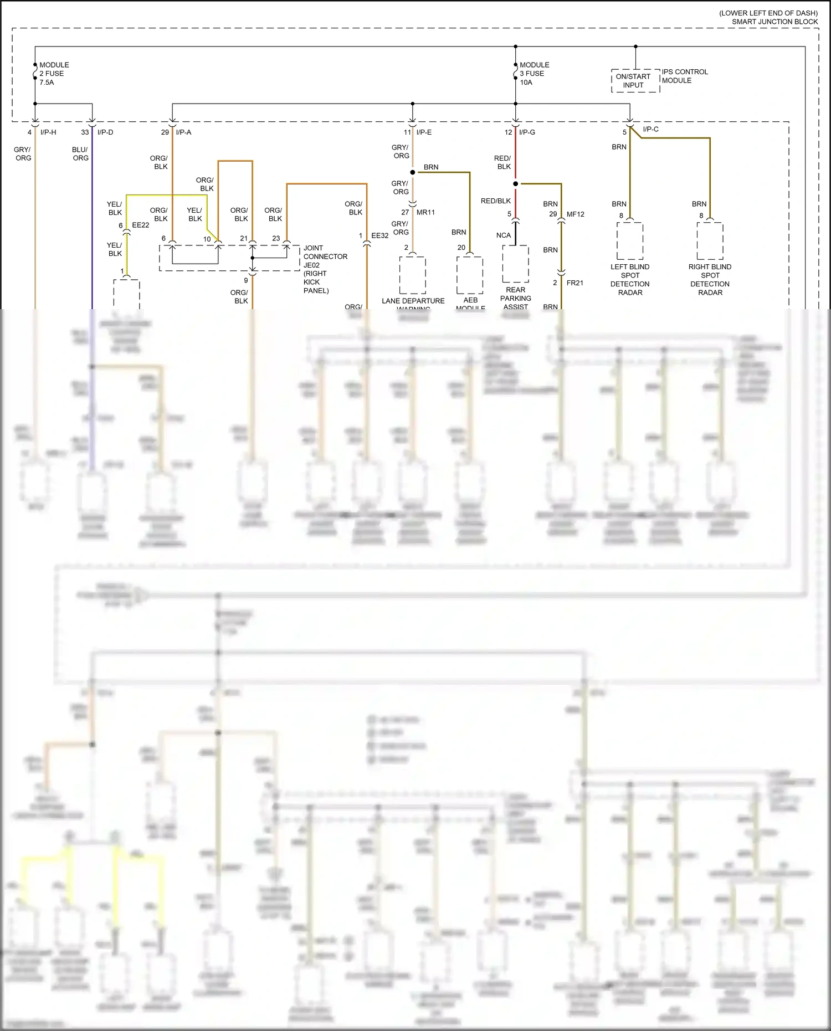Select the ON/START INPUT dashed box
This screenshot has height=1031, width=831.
pyautogui.click(x=635, y=81)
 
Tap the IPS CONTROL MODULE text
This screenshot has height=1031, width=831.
pyautogui.click(x=685, y=76)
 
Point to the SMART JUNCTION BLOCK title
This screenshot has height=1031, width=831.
pyautogui.click(x=774, y=22)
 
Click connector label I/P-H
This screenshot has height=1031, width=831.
pyautogui.click(x=48, y=132)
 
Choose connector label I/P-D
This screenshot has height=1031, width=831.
pyautogui.click(x=105, y=132)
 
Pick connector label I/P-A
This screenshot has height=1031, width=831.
pyautogui.click(x=183, y=132)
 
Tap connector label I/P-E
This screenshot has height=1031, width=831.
pyautogui.click(x=424, y=132)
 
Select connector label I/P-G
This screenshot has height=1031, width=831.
pyautogui.click(x=527, y=132)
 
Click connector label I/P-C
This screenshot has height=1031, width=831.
pyautogui.click(x=650, y=130)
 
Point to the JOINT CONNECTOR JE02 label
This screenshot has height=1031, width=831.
pyautogui.click(x=325, y=269)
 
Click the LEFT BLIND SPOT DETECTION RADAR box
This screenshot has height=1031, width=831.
pyautogui.click(x=630, y=241)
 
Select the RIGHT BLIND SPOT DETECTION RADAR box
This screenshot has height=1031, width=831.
pyautogui.click(x=710, y=241)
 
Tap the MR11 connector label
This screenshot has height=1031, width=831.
pyautogui.click(x=425, y=213)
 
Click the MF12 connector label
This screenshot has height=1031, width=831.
pyautogui.click(x=575, y=214)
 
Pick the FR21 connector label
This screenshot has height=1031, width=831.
pyautogui.click(x=574, y=283)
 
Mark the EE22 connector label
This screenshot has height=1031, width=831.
pyautogui.click(x=140, y=225)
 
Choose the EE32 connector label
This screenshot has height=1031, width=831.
pyautogui.click(x=379, y=236)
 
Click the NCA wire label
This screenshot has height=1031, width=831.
pyautogui.click(x=503, y=235)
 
